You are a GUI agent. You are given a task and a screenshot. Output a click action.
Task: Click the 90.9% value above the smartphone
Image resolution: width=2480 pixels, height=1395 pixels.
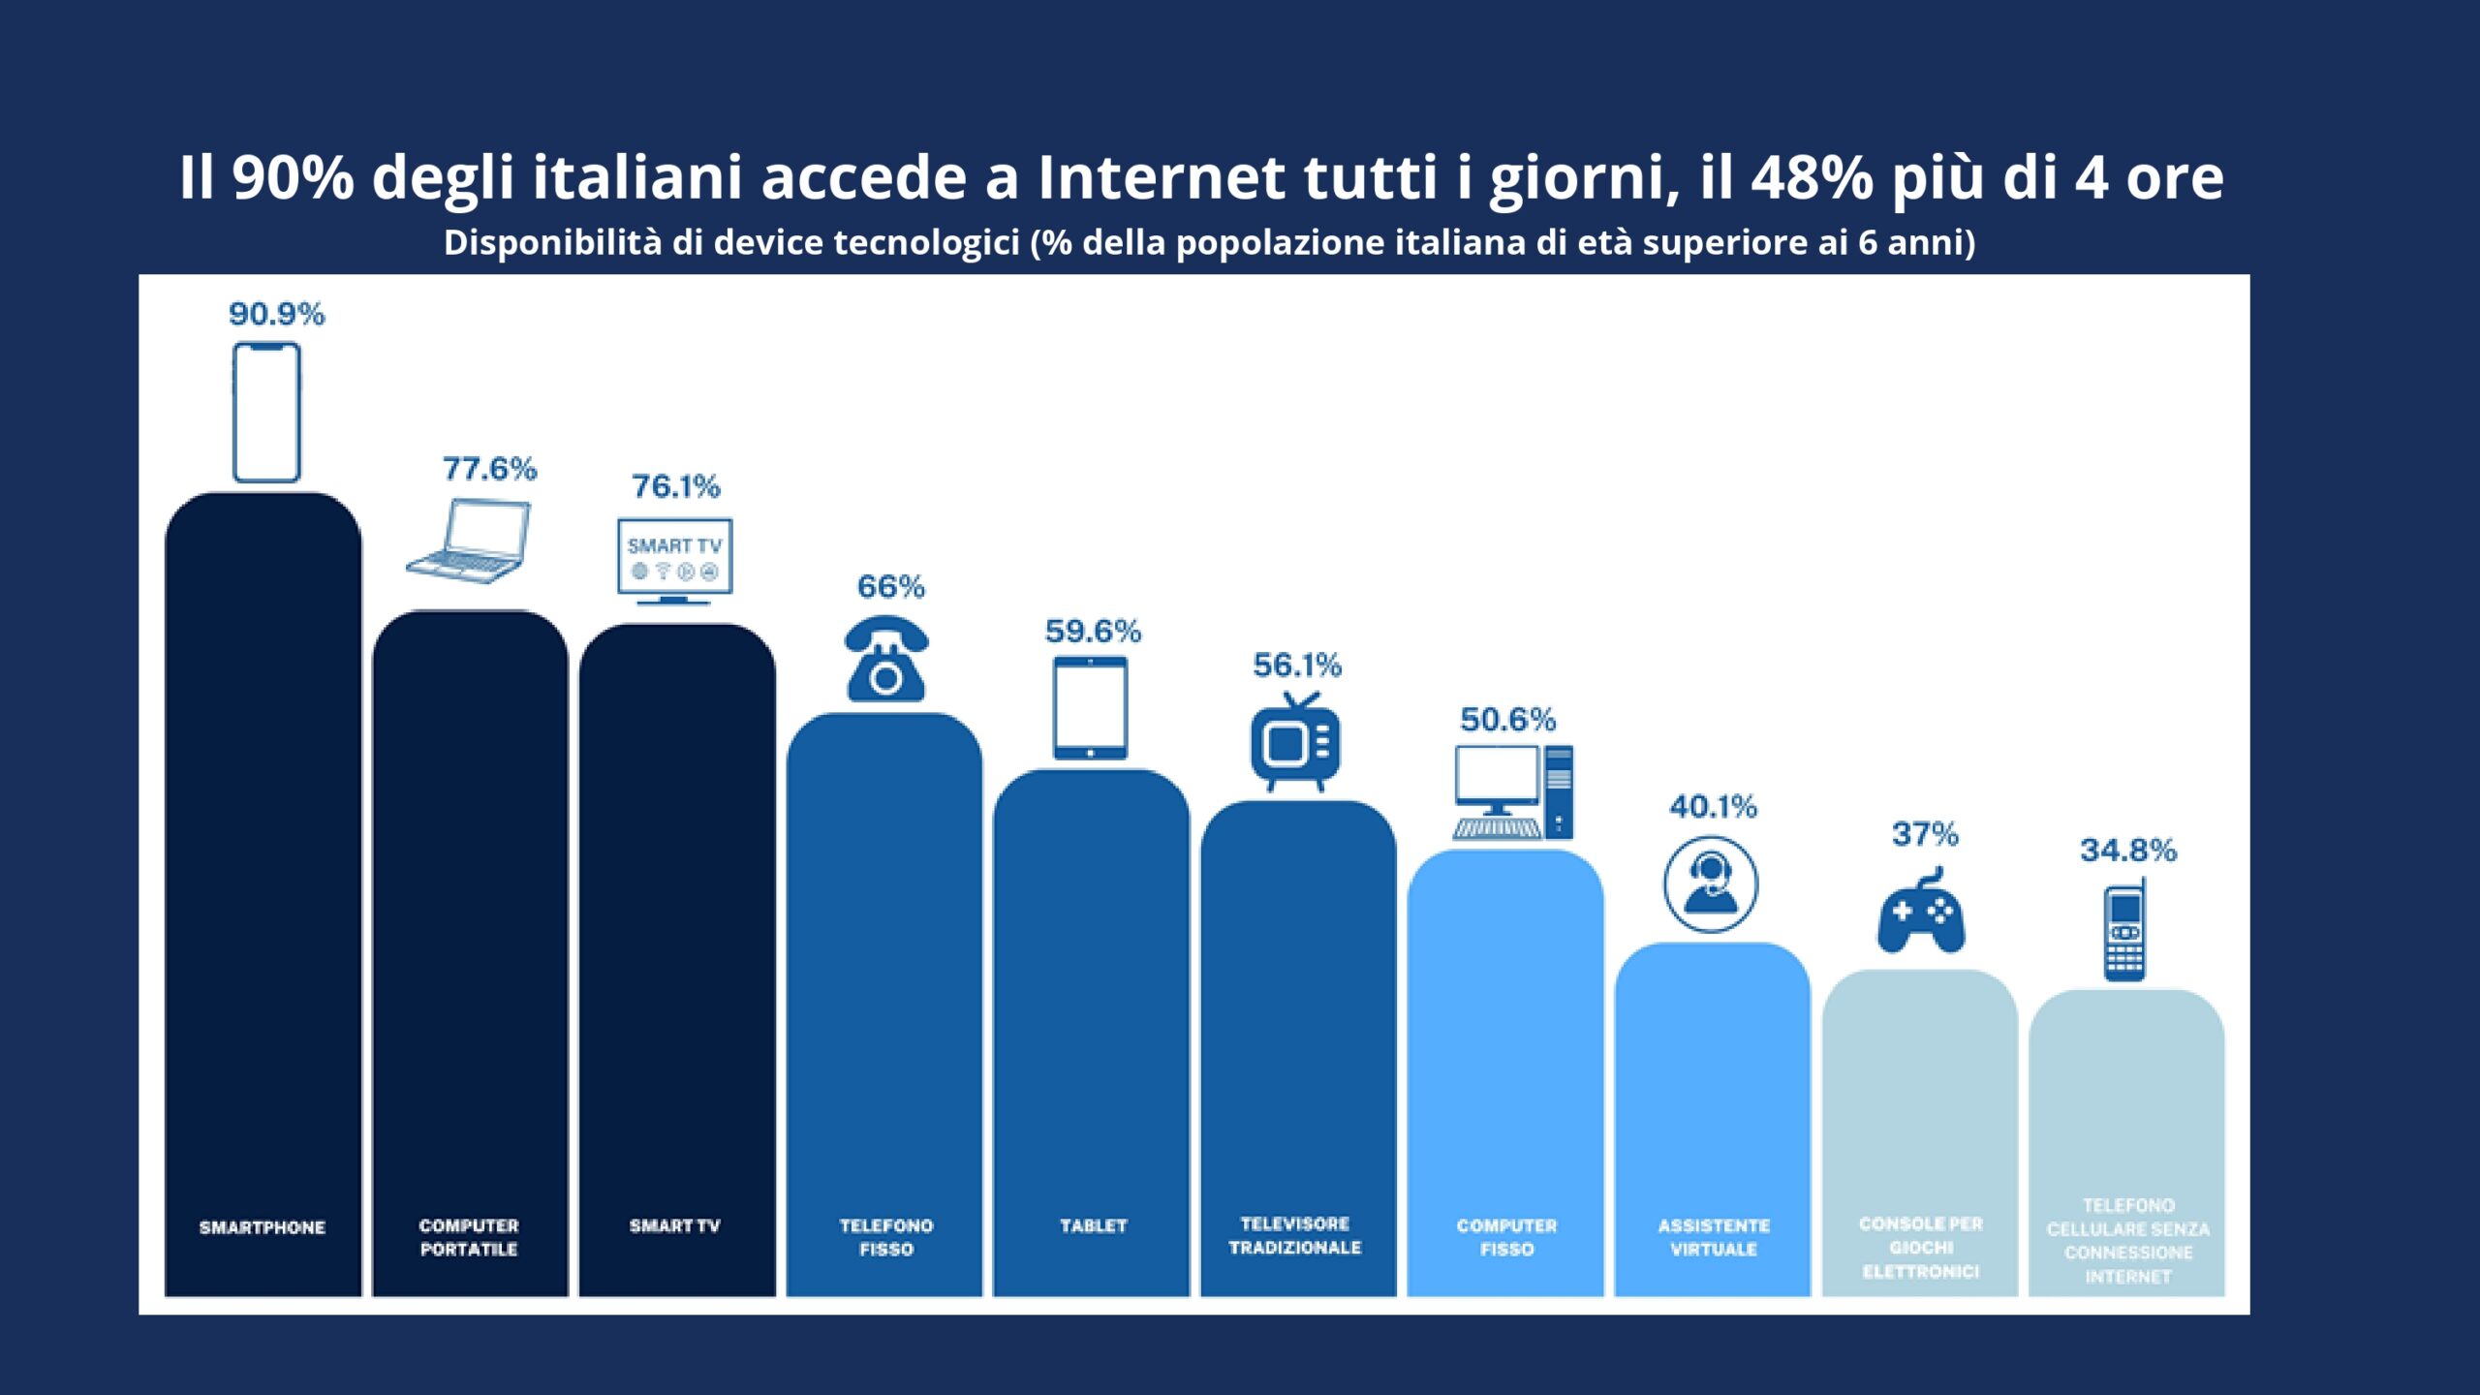tap(276, 314)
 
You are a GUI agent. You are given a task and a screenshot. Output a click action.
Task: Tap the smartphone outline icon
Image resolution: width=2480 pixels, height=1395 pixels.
tap(266, 413)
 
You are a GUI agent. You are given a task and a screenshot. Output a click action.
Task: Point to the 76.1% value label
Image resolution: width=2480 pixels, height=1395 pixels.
tap(676, 486)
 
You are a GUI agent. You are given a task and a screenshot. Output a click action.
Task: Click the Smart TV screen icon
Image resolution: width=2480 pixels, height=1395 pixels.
tap(675, 560)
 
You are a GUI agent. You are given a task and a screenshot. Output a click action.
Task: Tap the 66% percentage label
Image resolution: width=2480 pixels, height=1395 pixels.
tap(891, 587)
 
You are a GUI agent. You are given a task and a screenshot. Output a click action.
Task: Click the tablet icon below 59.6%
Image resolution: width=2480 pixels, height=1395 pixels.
tap(1091, 707)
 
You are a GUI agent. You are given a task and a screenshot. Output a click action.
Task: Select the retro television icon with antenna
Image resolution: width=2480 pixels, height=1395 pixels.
tap(1295, 742)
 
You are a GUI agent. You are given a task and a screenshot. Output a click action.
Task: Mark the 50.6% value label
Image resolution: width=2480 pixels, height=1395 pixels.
tap(1507, 720)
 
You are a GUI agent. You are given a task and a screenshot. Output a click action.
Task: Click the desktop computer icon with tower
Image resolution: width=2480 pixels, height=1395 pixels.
tap(1513, 791)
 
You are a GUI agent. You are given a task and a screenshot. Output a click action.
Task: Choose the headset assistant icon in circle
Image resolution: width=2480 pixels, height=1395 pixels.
tap(1711, 884)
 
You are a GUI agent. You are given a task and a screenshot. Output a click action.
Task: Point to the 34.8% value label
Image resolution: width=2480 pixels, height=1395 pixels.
tap(2128, 851)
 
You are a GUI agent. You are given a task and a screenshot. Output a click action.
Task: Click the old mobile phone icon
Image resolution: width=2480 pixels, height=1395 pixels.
tap(2124, 931)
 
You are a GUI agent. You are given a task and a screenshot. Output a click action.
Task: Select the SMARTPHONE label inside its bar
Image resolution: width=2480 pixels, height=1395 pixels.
tap(263, 1227)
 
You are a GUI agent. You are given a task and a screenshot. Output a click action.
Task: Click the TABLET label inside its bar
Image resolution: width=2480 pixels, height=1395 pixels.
tap(1094, 1226)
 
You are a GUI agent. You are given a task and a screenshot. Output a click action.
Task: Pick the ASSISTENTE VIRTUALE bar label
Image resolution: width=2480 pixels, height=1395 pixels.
tap(1714, 1238)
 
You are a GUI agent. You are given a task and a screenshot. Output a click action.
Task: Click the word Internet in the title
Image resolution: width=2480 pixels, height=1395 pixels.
tap(1162, 177)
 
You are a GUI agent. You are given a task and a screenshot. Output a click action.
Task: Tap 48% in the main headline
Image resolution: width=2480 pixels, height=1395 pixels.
tap(1812, 177)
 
